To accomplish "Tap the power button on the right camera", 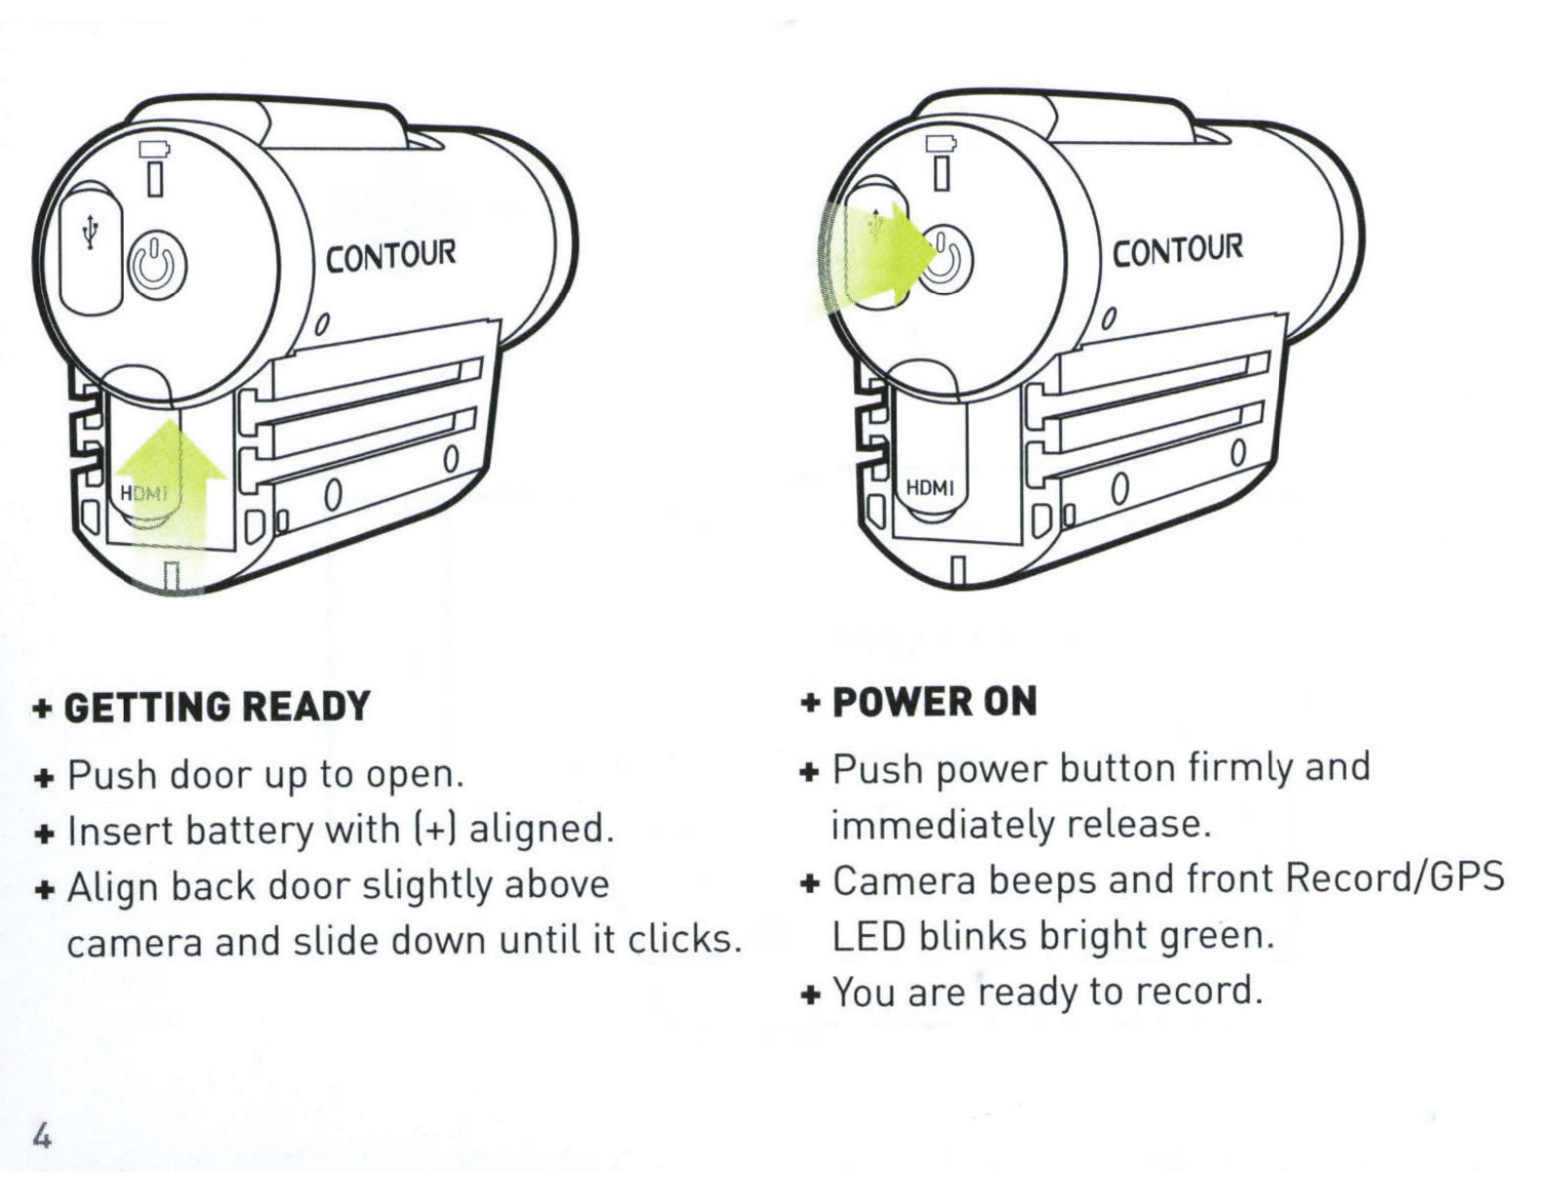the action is tap(944, 261).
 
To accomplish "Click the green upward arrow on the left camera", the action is tap(171, 504).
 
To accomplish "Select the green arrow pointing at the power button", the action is tap(874, 256).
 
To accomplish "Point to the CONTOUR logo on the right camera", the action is tap(1177, 250).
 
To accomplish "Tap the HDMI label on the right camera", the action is tap(931, 487).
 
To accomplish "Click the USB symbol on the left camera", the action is tap(91, 233).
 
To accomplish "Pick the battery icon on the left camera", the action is tap(155, 150).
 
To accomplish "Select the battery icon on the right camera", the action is tap(941, 144).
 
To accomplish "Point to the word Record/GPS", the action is tap(1394, 878).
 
